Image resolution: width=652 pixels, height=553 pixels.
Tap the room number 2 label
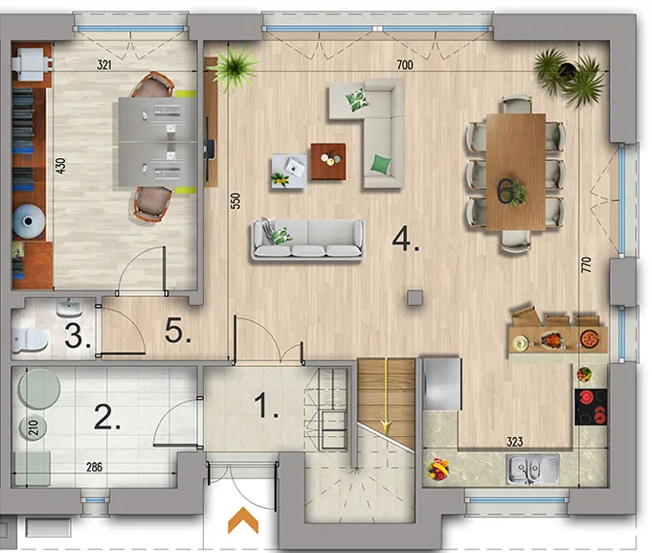[107, 417]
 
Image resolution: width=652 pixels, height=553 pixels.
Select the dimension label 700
[405, 64]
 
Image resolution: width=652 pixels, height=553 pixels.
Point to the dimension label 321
[104, 64]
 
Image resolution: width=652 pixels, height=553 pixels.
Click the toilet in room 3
[29, 339]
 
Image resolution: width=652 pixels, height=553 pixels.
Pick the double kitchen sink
[532, 470]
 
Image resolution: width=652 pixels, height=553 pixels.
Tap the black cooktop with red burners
[591, 406]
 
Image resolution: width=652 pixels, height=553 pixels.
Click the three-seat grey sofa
[307, 241]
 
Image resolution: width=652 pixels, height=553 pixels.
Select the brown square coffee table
[328, 161]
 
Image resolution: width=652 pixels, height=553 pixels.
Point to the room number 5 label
[177, 332]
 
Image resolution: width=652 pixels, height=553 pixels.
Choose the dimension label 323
[514, 442]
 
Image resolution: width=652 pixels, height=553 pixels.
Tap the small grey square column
[415, 298]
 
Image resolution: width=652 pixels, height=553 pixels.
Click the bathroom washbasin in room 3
[69, 308]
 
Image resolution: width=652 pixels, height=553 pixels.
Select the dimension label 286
[95, 467]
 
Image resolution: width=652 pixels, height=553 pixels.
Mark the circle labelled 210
[34, 427]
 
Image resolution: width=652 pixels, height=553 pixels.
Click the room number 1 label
[266, 405]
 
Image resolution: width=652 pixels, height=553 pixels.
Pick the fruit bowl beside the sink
[438, 469]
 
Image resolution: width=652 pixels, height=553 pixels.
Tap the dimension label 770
[586, 265]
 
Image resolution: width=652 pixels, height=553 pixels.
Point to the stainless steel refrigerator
[442, 383]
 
